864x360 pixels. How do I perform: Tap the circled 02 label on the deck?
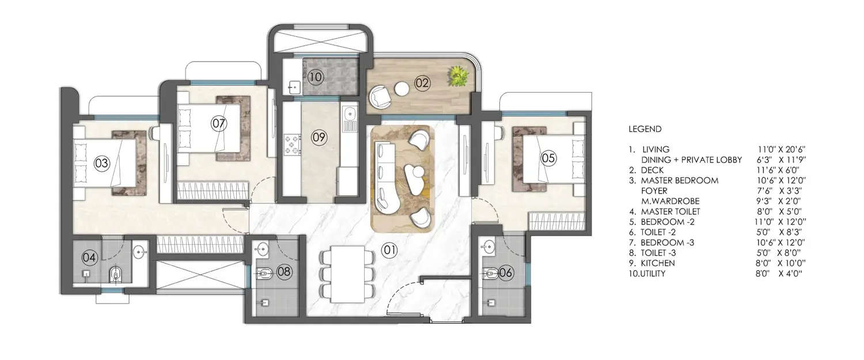click(422, 83)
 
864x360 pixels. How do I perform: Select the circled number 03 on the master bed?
click(102, 164)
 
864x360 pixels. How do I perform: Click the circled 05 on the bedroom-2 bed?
click(548, 157)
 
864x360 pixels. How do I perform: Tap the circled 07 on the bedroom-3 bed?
click(218, 123)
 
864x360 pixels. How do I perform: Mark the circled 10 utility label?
click(313, 76)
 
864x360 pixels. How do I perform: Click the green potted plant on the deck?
click(458, 75)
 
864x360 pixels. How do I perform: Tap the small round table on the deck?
click(401, 88)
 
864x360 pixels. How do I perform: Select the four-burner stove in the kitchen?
click(292, 145)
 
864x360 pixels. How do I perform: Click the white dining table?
click(347, 273)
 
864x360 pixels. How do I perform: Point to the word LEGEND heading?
click(645, 129)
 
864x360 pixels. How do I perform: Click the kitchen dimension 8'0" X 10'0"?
click(780, 263)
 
